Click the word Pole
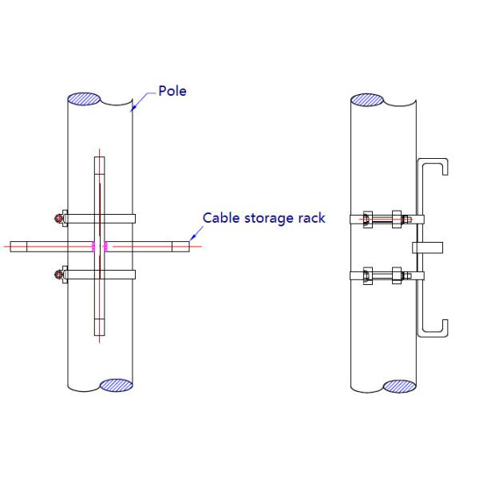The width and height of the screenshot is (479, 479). click(172, 91)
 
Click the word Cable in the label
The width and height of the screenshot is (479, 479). click(221, 218)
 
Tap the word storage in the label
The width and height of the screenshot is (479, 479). click(269, 219)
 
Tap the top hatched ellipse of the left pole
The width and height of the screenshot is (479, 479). click(84, 99)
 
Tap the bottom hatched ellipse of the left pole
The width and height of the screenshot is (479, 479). click(117, 386)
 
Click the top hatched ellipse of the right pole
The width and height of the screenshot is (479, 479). click(367, 100)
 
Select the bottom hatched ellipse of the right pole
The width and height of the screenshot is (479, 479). click(400, 386)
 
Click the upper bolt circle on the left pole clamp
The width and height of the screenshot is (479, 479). click(58, 218)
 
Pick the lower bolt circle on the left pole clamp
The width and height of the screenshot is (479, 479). click(58, 275)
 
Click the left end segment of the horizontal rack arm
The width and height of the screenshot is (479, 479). click(18, 247)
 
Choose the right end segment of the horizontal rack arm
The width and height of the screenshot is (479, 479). click(180, 247)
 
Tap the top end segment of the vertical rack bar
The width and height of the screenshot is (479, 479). click(100, 165)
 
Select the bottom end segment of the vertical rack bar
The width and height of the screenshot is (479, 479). click(100, 327)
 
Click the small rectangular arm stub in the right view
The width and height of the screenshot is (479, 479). click(428, 247)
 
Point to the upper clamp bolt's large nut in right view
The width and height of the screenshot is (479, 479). click(397, 219)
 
